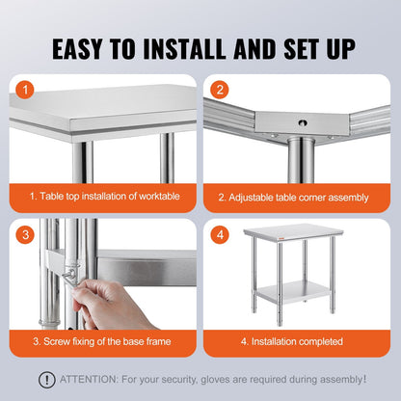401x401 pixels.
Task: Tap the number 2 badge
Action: [220, 93]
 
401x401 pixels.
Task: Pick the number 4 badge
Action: [220, 233]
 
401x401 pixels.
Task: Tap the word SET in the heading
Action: [295, 47]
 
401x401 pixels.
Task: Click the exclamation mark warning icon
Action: [45, 380]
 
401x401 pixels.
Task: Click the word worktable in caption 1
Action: [152, 196]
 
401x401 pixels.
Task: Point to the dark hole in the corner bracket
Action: [299, 123]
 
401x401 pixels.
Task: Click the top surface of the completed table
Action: [298, 232]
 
